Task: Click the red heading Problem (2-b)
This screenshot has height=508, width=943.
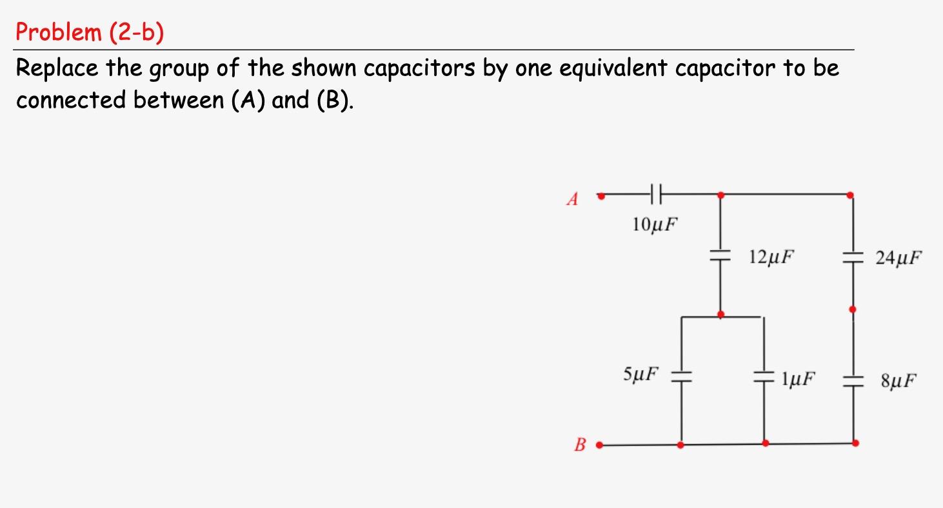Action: click(90, 32)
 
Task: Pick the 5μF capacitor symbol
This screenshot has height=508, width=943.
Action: click(681, 376)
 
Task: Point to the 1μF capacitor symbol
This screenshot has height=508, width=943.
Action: click(764, 376)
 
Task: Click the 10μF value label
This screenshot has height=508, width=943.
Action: click(655, 224)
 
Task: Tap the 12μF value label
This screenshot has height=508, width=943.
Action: click(771, 257)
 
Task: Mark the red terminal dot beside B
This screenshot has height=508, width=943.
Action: click(599, 444)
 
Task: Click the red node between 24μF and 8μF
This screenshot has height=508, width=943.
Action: click(853, 309)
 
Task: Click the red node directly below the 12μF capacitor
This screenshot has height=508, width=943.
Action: click(720, 315)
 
